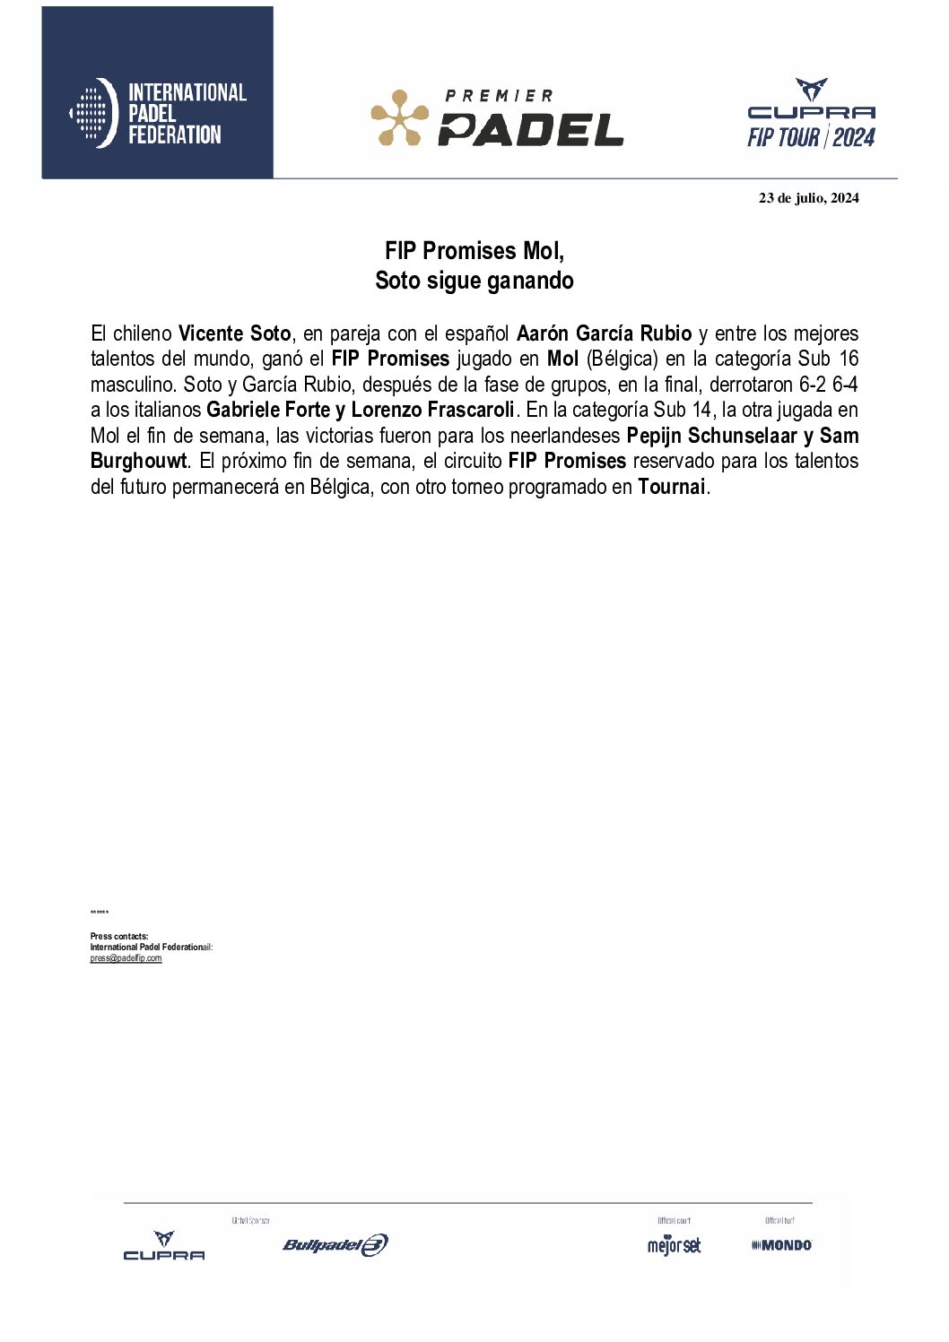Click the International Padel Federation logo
157,113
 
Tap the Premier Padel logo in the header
497,117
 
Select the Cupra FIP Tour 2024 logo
811,114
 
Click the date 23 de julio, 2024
808,198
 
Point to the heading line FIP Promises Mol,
474,250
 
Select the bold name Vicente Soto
234,333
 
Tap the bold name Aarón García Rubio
604,333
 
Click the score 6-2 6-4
828,385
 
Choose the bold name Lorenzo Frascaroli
432,410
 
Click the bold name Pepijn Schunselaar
711,436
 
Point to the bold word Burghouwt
139,461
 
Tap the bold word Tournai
671,487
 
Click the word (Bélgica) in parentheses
622,359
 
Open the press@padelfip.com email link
126,958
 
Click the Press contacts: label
119,936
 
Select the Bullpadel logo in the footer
335,1244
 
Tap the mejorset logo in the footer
674,1245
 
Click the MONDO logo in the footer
781,1244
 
